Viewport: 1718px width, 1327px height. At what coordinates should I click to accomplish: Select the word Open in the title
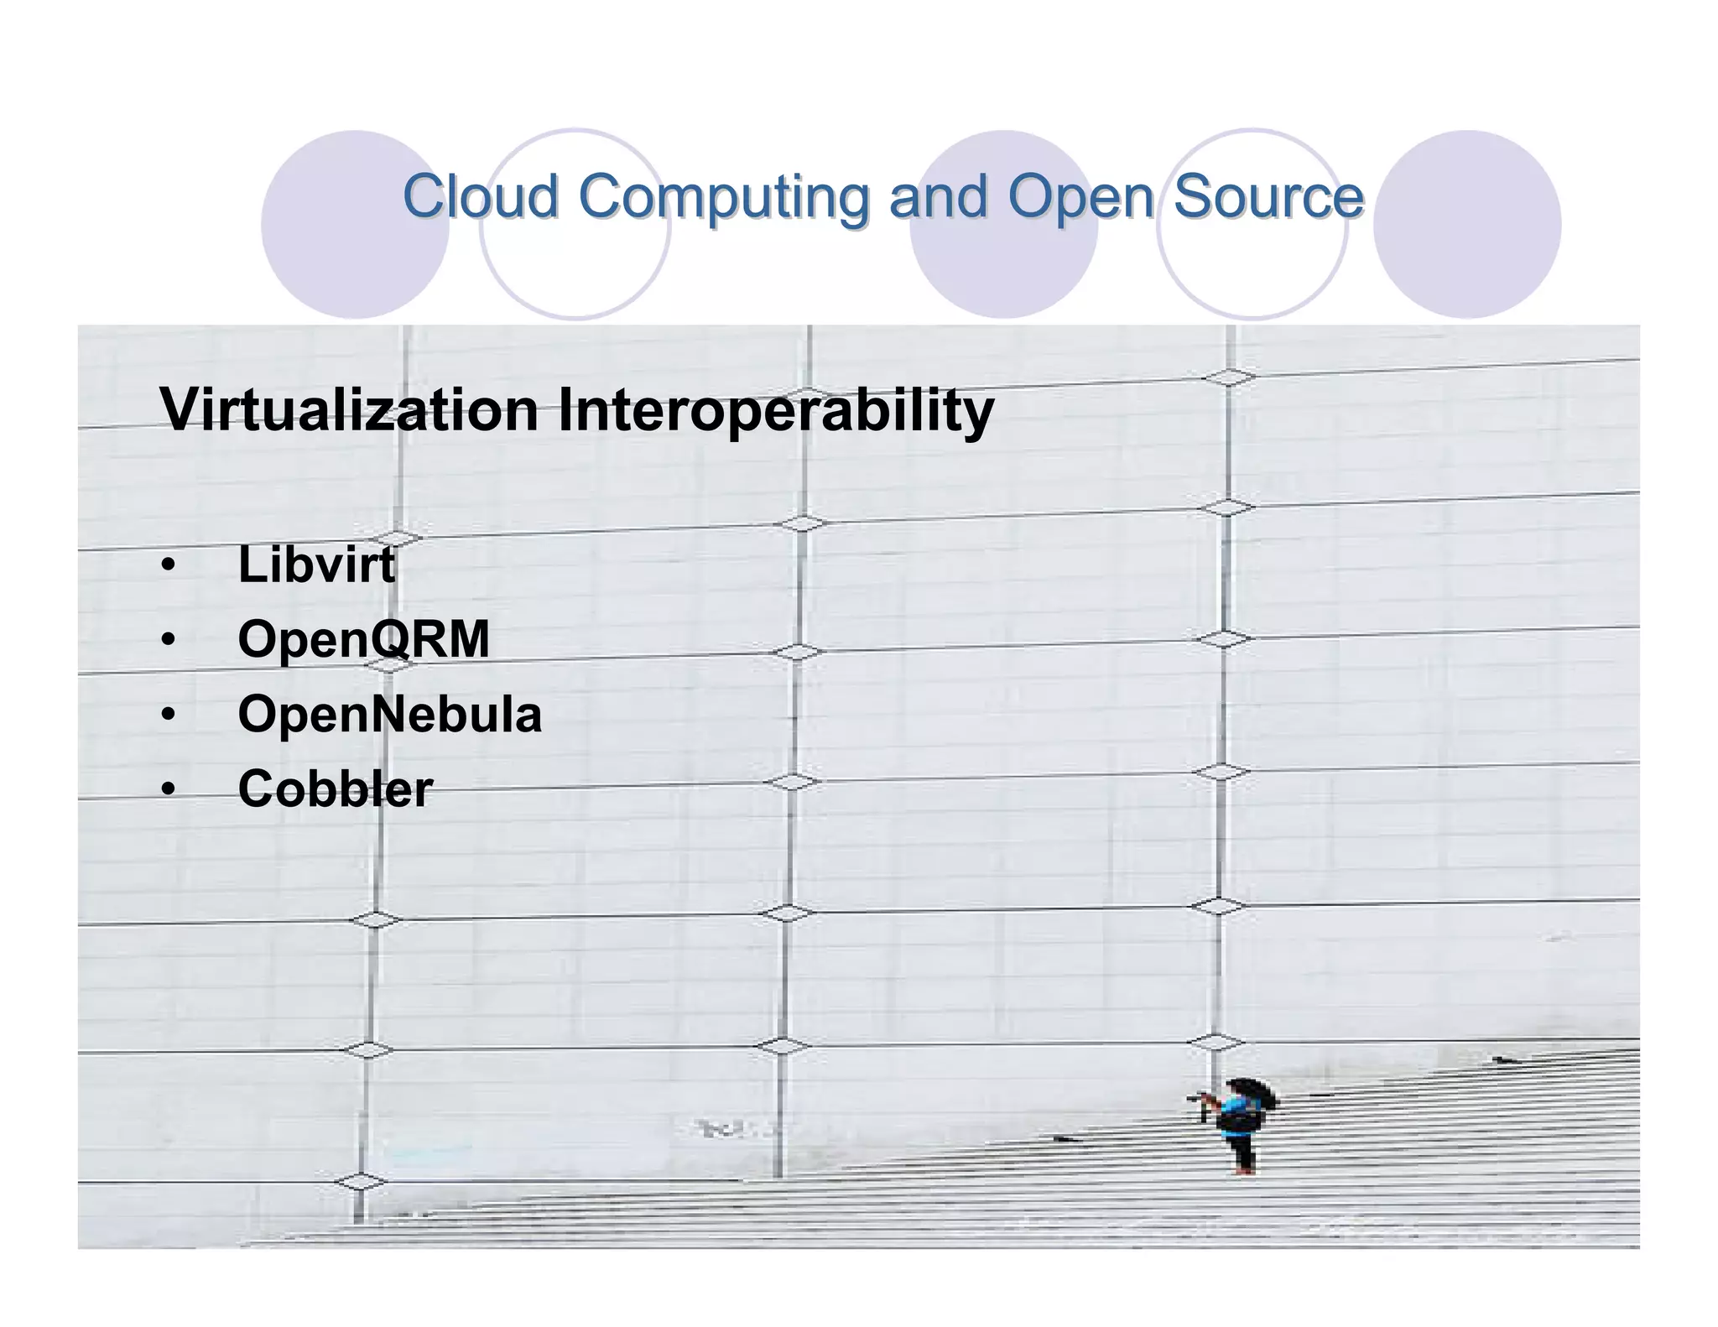(x=1080, y=198)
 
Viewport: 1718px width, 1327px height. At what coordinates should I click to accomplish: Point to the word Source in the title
(x=1268, y=198)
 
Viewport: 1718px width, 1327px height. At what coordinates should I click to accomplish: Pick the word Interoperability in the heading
(x=775, y=411)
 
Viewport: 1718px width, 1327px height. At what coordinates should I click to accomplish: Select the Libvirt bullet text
(x=316, y=565)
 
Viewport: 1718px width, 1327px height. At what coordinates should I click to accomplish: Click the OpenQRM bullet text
(x=363, y=640)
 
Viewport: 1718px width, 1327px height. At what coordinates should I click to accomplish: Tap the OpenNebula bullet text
(x=389, y=715)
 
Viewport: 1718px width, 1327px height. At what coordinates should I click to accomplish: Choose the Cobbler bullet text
(x=336, y=789)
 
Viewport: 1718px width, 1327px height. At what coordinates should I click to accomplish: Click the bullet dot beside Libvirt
(x=169, y=565)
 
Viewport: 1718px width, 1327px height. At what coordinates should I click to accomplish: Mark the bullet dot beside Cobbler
(x=169, y=789)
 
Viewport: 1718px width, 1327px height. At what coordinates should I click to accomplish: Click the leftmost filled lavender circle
(x=354, y=224)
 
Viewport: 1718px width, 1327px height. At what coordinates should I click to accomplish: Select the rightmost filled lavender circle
(x=1466, y=224)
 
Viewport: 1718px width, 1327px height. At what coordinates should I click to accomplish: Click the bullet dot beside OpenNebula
(x=169, y=715)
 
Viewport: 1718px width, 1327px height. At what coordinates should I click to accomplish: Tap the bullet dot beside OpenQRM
(x=169, y=640)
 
